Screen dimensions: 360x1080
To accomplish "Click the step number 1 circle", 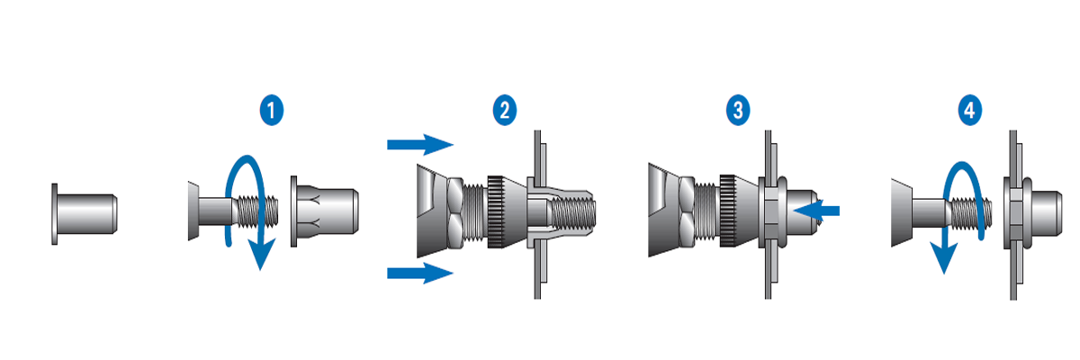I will tap(271, 111).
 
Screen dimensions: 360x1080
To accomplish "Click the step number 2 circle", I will tap(504, 111).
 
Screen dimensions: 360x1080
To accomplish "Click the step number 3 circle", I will tap(738, 111).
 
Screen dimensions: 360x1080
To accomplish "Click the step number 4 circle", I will tap(969, 111).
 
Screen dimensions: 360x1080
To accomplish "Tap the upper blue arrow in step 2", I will tap(418, 143).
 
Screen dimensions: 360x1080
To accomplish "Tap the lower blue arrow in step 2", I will tap(418, 274).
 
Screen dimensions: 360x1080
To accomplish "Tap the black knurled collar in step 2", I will tap(494, 211).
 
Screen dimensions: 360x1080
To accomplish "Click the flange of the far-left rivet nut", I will tap(55, 211).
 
